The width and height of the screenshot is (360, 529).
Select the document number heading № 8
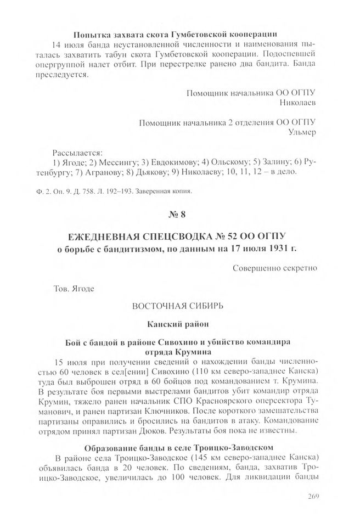180,214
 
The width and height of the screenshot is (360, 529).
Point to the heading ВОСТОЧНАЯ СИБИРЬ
180,305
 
